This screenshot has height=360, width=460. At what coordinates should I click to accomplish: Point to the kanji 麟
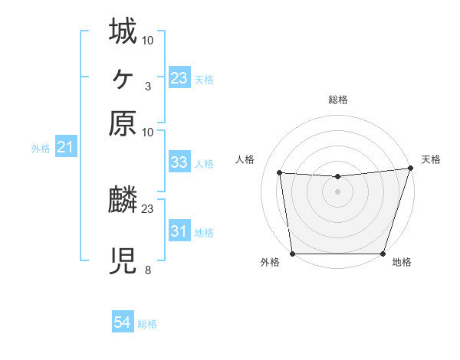pos(123,201)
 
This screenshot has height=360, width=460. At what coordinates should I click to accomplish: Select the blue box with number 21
pos(64,147)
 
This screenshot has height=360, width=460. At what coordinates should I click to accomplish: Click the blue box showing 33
pos(179,162)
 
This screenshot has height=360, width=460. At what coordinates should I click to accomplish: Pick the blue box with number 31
pos(179,231)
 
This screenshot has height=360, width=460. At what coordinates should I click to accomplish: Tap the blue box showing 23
pos(179,77)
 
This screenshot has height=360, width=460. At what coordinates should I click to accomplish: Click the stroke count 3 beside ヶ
pos(147,86)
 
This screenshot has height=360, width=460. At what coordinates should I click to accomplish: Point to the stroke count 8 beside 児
pos(147,270)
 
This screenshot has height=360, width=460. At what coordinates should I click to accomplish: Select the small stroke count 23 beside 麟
pos(148,208)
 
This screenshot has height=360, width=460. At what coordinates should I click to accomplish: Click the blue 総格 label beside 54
pos(147,324)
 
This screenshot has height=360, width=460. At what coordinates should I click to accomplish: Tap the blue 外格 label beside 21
pos(41,149)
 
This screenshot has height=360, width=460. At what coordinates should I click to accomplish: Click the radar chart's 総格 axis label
pos(337,100)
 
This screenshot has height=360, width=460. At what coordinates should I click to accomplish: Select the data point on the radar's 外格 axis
pos(292,254)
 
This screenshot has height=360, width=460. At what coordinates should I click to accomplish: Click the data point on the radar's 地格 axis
pos(383,254)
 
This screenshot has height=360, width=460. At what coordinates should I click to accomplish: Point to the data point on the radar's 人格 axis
pos(280,173)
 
